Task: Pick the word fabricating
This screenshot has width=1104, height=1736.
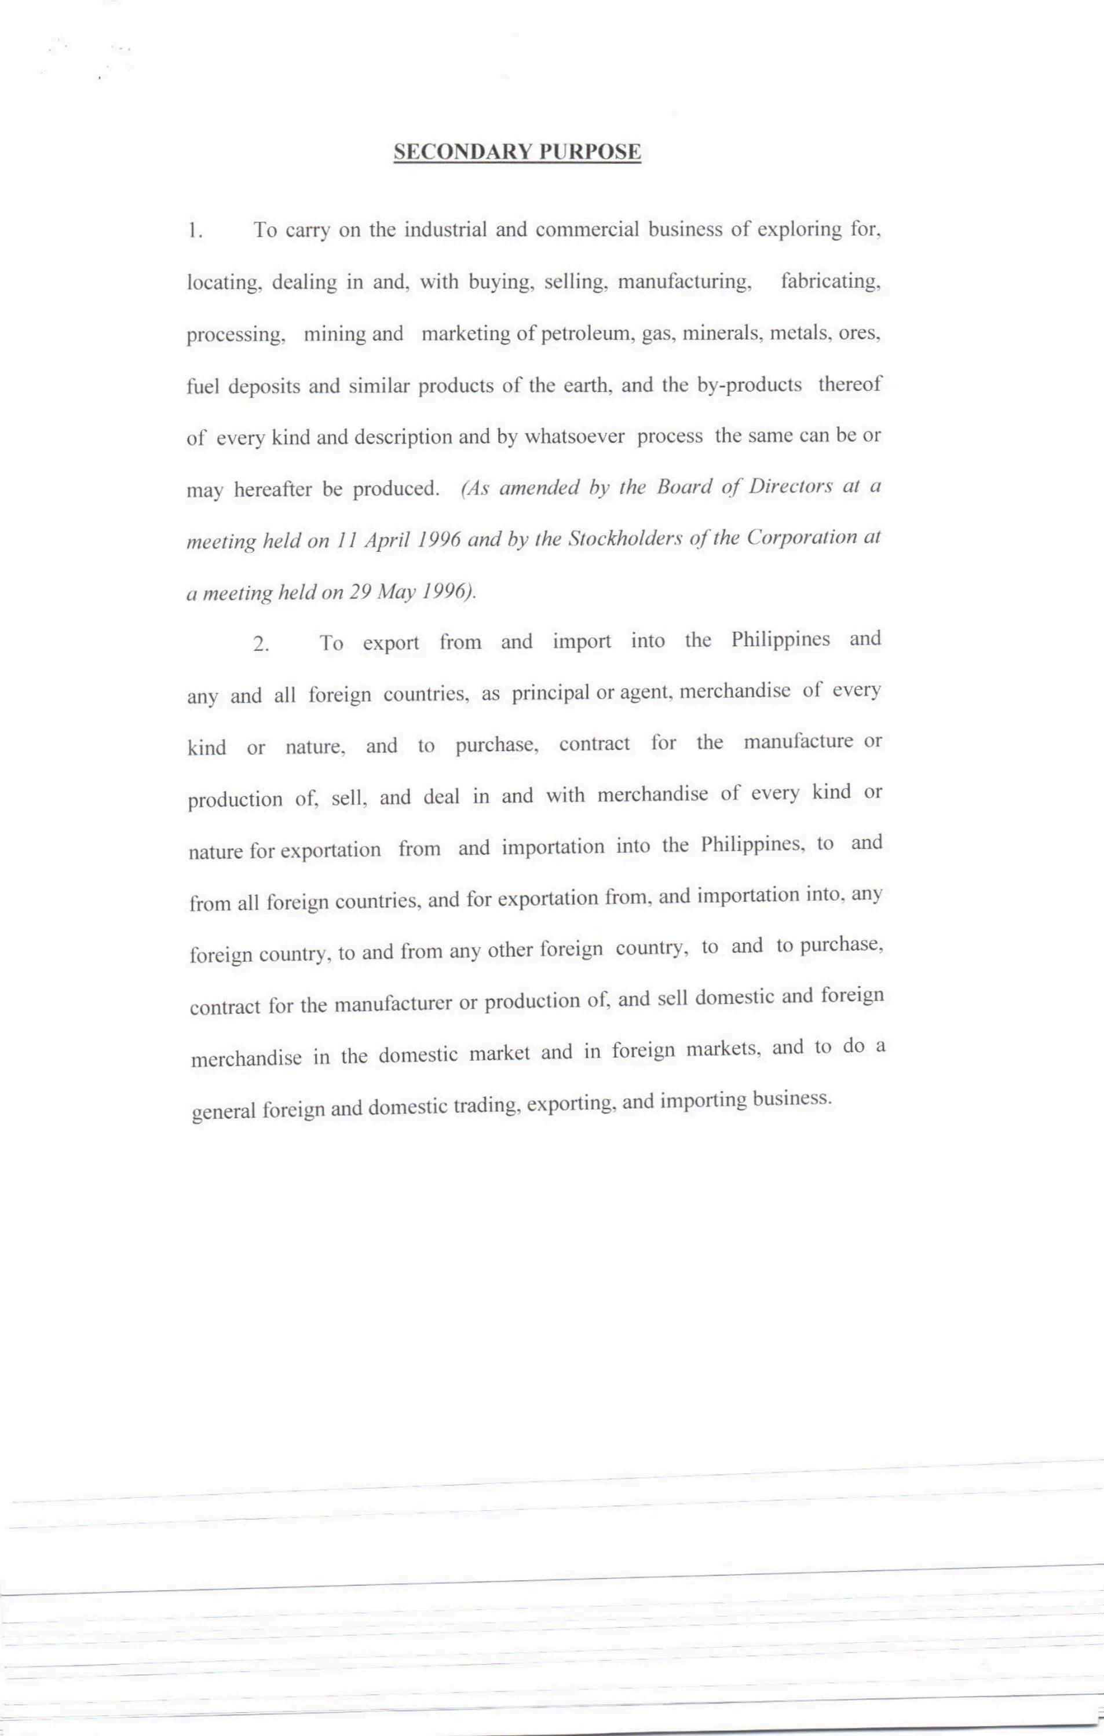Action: point(830,282)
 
